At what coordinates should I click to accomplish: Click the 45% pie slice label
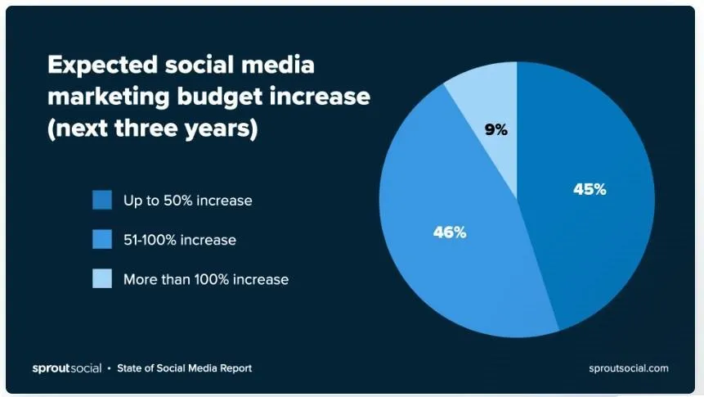(589, 189)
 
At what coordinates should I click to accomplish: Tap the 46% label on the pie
(449, 232)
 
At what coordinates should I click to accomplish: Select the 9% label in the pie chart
(495, 129)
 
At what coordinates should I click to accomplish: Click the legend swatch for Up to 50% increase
(102, 200)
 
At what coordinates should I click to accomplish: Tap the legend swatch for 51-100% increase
(102, 240)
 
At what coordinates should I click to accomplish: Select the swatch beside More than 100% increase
(102, 279)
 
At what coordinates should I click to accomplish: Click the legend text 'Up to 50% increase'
(187, 200)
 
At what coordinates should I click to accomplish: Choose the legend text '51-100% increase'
(179, 240)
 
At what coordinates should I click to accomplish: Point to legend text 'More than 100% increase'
(205, 279)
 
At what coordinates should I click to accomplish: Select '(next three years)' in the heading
(152, 129)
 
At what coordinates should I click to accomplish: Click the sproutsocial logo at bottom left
(66, 368)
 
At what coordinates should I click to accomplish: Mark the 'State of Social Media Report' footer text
(184, 368)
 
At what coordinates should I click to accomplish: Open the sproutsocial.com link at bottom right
(628, 368)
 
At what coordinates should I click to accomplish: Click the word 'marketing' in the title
(106, 97)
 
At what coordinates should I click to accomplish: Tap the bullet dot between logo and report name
(110, 368)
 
